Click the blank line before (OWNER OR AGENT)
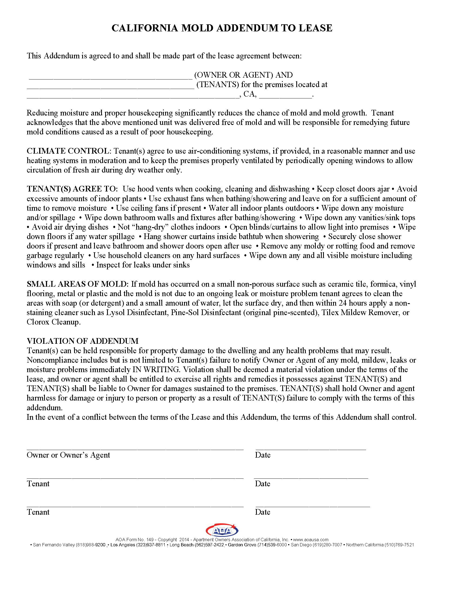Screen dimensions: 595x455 point(111,79)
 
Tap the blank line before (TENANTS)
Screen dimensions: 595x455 point(111,88)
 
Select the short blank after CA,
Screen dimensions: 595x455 point(285,97)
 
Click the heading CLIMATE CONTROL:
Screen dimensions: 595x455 point(69,151)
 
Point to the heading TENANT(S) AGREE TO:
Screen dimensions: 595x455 point(72,189)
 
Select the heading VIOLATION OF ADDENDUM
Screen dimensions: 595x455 point(83,341)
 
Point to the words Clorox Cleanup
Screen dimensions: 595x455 point(53,322)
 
